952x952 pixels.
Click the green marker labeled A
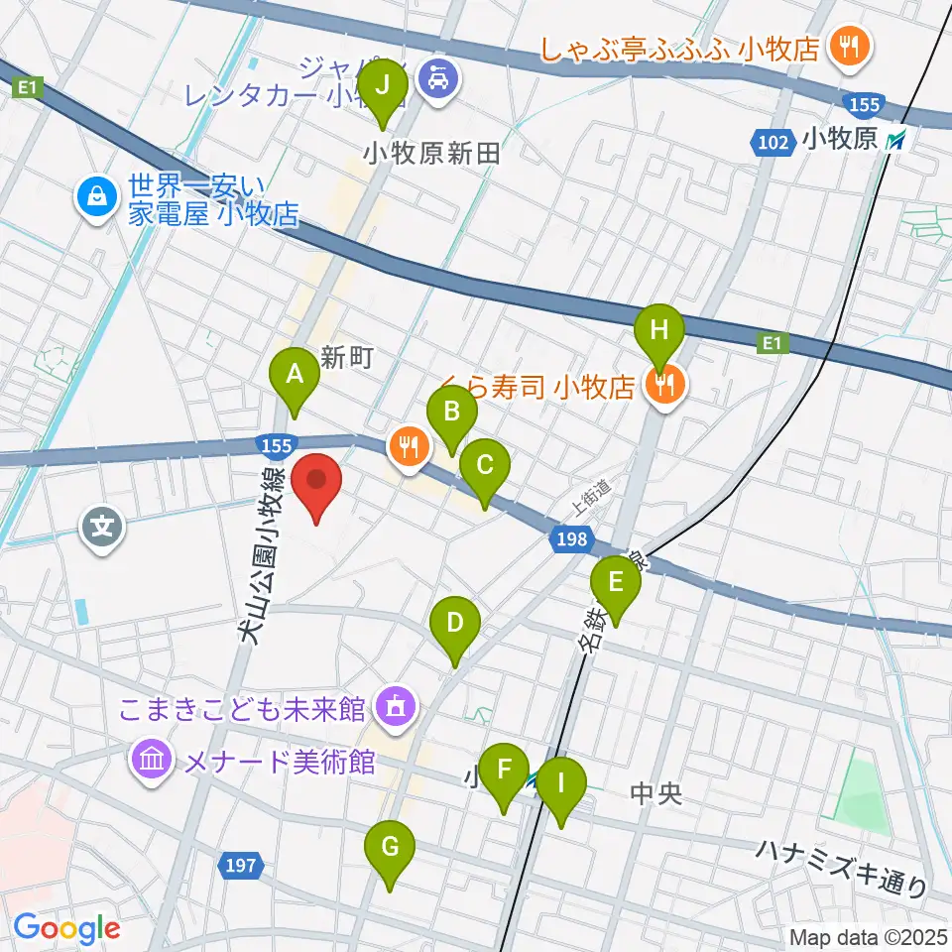click(x=295, y=377)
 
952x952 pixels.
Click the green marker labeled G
click(x=389, y=851)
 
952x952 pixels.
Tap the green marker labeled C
click(x=485, y=468)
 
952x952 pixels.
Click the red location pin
click(x=317, y=482)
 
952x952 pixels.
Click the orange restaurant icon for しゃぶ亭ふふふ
click(x=850, y=45)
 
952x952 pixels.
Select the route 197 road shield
click(x=241, y=867)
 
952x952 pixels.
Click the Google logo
click(x=66, y=928)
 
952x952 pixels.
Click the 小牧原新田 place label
click(x=430, y=154)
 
